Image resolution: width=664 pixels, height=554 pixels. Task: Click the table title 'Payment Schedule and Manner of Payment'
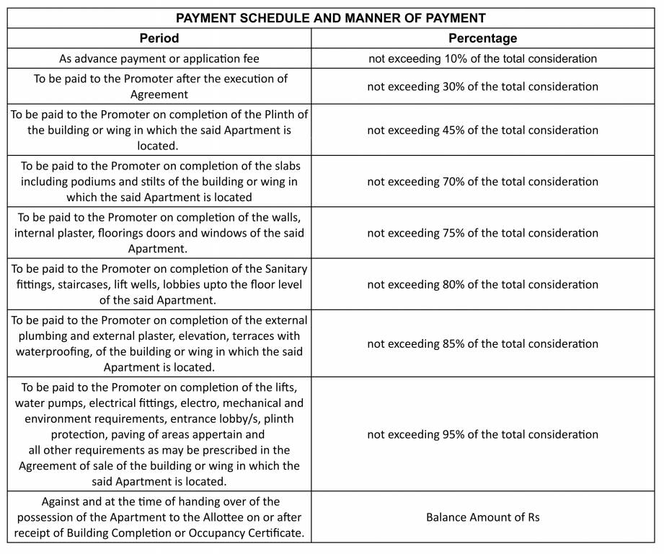click(x=331, y=18)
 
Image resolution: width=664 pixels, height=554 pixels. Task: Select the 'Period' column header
click(x=159, y=38)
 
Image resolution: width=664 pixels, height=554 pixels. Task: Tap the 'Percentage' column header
click(x=482, y=38)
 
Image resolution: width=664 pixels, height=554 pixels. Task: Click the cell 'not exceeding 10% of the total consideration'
click(x=482, y=58)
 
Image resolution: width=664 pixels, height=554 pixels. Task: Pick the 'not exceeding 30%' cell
click(x=482, y=87)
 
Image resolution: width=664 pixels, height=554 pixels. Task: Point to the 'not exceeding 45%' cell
click(x=482, y=131)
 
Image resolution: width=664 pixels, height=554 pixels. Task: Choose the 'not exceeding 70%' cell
click(x=482, y=182)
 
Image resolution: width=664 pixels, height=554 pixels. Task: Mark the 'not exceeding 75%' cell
click(x=482, y=233)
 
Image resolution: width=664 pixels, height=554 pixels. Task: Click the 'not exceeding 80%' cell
click(x=482, y=284)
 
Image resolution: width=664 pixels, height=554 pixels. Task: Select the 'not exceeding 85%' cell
click(x=482, y=343)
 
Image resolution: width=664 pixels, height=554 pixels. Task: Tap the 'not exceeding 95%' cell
click(x=482, y=434)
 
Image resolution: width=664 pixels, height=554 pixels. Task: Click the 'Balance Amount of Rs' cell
click(x=482, y=517)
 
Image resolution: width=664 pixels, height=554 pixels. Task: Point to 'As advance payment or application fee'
click(x=159, y=58)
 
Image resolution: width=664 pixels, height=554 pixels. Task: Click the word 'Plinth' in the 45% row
click(x=288, y=115)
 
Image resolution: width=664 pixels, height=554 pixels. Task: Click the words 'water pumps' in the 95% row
click(x=48, y=403)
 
